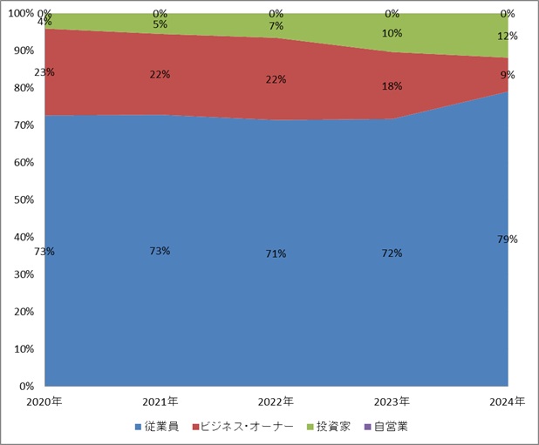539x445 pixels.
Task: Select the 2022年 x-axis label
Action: pyautogui.click(x=276, y=401)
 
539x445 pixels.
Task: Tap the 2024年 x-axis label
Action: pyautogui.click(x=508, y=401)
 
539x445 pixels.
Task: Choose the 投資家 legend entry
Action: pyautogui.click(x=329, y=427)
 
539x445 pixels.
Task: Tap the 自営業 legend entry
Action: pyautogui.click(x=386, y=427)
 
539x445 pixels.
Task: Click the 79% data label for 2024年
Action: pyautogui.click(x=508, y=239)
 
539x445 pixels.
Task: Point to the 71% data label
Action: pyautogui.click(x=276, y=253)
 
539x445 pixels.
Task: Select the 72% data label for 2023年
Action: pyautogui.click(x=392, y=253)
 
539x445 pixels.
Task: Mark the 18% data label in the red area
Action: pyautogui.click(x=392, y=87)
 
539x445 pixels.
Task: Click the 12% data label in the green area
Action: pyautogui.click(x=508, y=37)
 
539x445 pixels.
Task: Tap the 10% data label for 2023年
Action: pyautogui.click(x=392, y=33)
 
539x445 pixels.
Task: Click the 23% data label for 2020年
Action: pyautogui.click(x=44, y=72)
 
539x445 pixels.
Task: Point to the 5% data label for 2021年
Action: pyautogui.click(x=160, y=24)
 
